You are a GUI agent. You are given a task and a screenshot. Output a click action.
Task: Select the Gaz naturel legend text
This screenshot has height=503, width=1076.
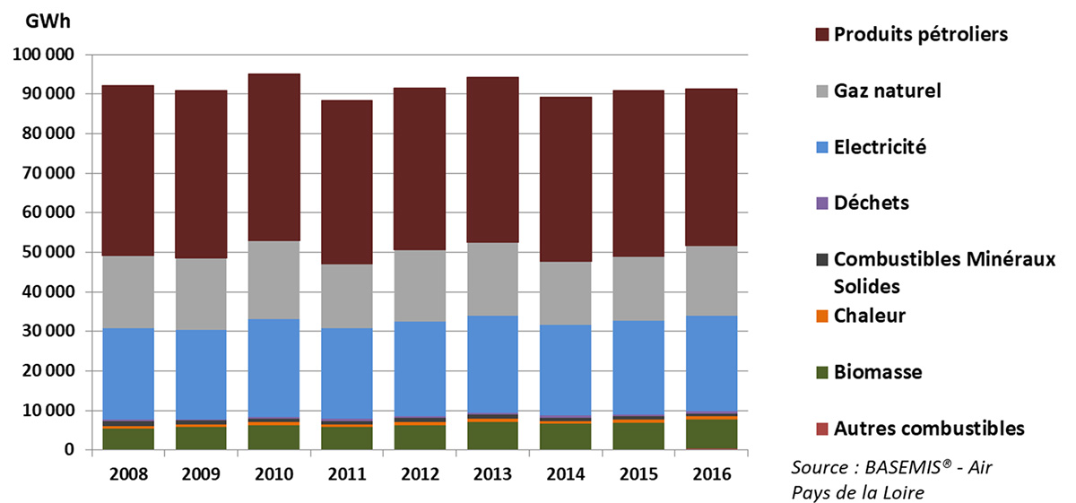click(x=887, y=91)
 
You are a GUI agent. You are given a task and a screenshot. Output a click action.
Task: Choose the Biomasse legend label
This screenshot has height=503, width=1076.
click(x=878, y=372)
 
